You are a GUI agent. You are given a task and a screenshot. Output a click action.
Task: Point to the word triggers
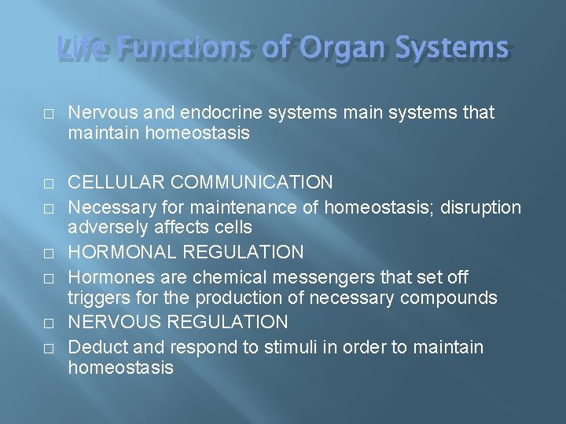(97, 298)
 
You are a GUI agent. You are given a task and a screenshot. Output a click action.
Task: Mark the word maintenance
(213, 207)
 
